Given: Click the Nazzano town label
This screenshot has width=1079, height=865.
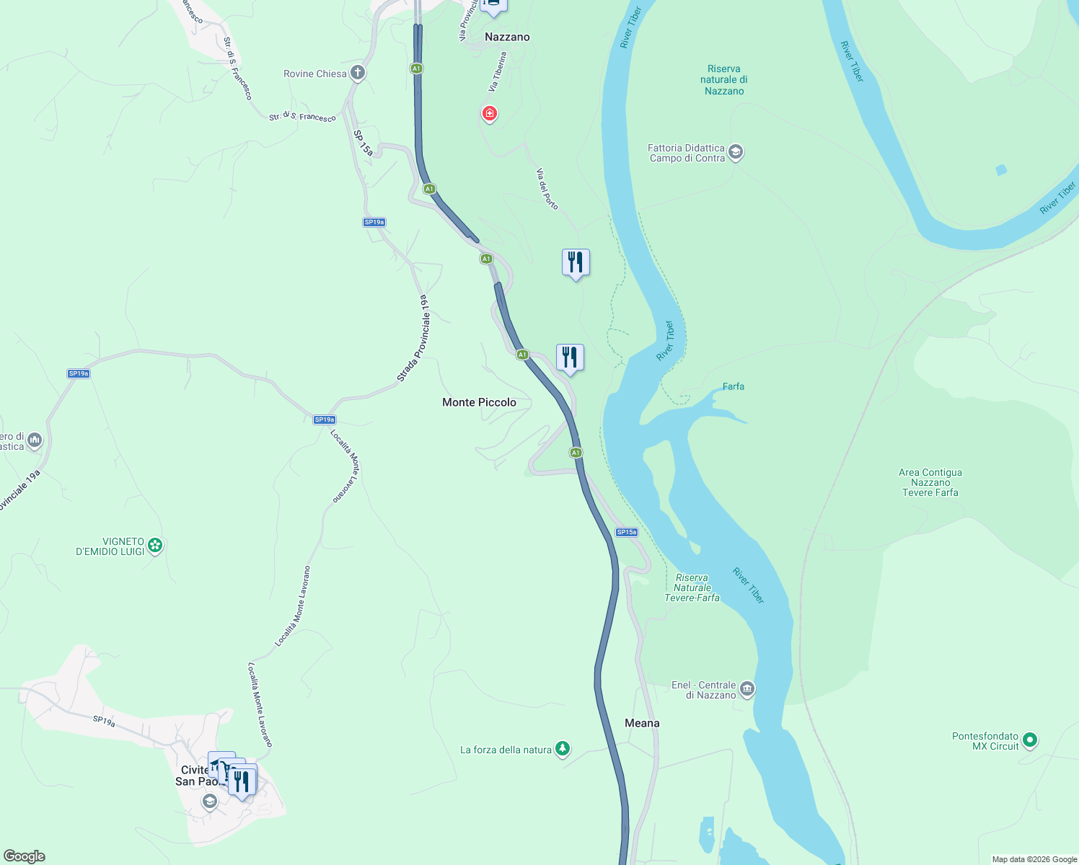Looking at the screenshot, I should click(x=507, y=37).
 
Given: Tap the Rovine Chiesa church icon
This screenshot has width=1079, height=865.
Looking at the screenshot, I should click(x=357, y=73).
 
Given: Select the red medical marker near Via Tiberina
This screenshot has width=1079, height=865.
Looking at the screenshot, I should click(x=490, y=113).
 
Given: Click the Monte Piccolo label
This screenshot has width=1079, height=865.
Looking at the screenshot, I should click(x=479, y=402).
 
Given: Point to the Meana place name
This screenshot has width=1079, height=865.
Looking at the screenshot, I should click(x=642, y=723).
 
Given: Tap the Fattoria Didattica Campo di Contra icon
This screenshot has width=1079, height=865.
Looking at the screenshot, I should click(x=736, y=152).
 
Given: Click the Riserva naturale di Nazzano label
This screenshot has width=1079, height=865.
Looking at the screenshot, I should click(x=723, y=80).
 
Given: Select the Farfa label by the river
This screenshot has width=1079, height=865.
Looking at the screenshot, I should click(x=734, y=386).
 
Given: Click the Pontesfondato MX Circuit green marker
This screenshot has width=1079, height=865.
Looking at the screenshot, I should click(x=1030, y=740).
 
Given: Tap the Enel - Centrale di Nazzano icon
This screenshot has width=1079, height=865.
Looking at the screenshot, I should click(x=747, y=689).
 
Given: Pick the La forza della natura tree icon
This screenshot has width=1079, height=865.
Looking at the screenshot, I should click(x=563, y=749).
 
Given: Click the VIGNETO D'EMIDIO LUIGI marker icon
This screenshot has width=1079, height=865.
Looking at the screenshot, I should click(x=155, y=546).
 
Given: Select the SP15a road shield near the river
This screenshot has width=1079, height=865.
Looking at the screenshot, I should click(x=626, y=532).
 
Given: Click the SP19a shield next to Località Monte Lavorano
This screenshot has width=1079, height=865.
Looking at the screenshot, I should click(x=325, y=420).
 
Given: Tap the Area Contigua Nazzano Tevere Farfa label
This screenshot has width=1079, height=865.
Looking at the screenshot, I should click(x=930, y=482).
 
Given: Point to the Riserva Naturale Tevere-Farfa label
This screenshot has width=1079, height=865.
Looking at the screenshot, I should click(x=692, y=587).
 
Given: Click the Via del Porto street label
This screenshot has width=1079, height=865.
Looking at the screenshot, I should click(x=547, y=189).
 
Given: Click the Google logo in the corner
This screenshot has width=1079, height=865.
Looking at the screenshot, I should click(x=25, y=856).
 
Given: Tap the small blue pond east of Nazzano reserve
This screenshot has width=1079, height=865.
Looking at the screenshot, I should click(x=1001, y=170).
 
